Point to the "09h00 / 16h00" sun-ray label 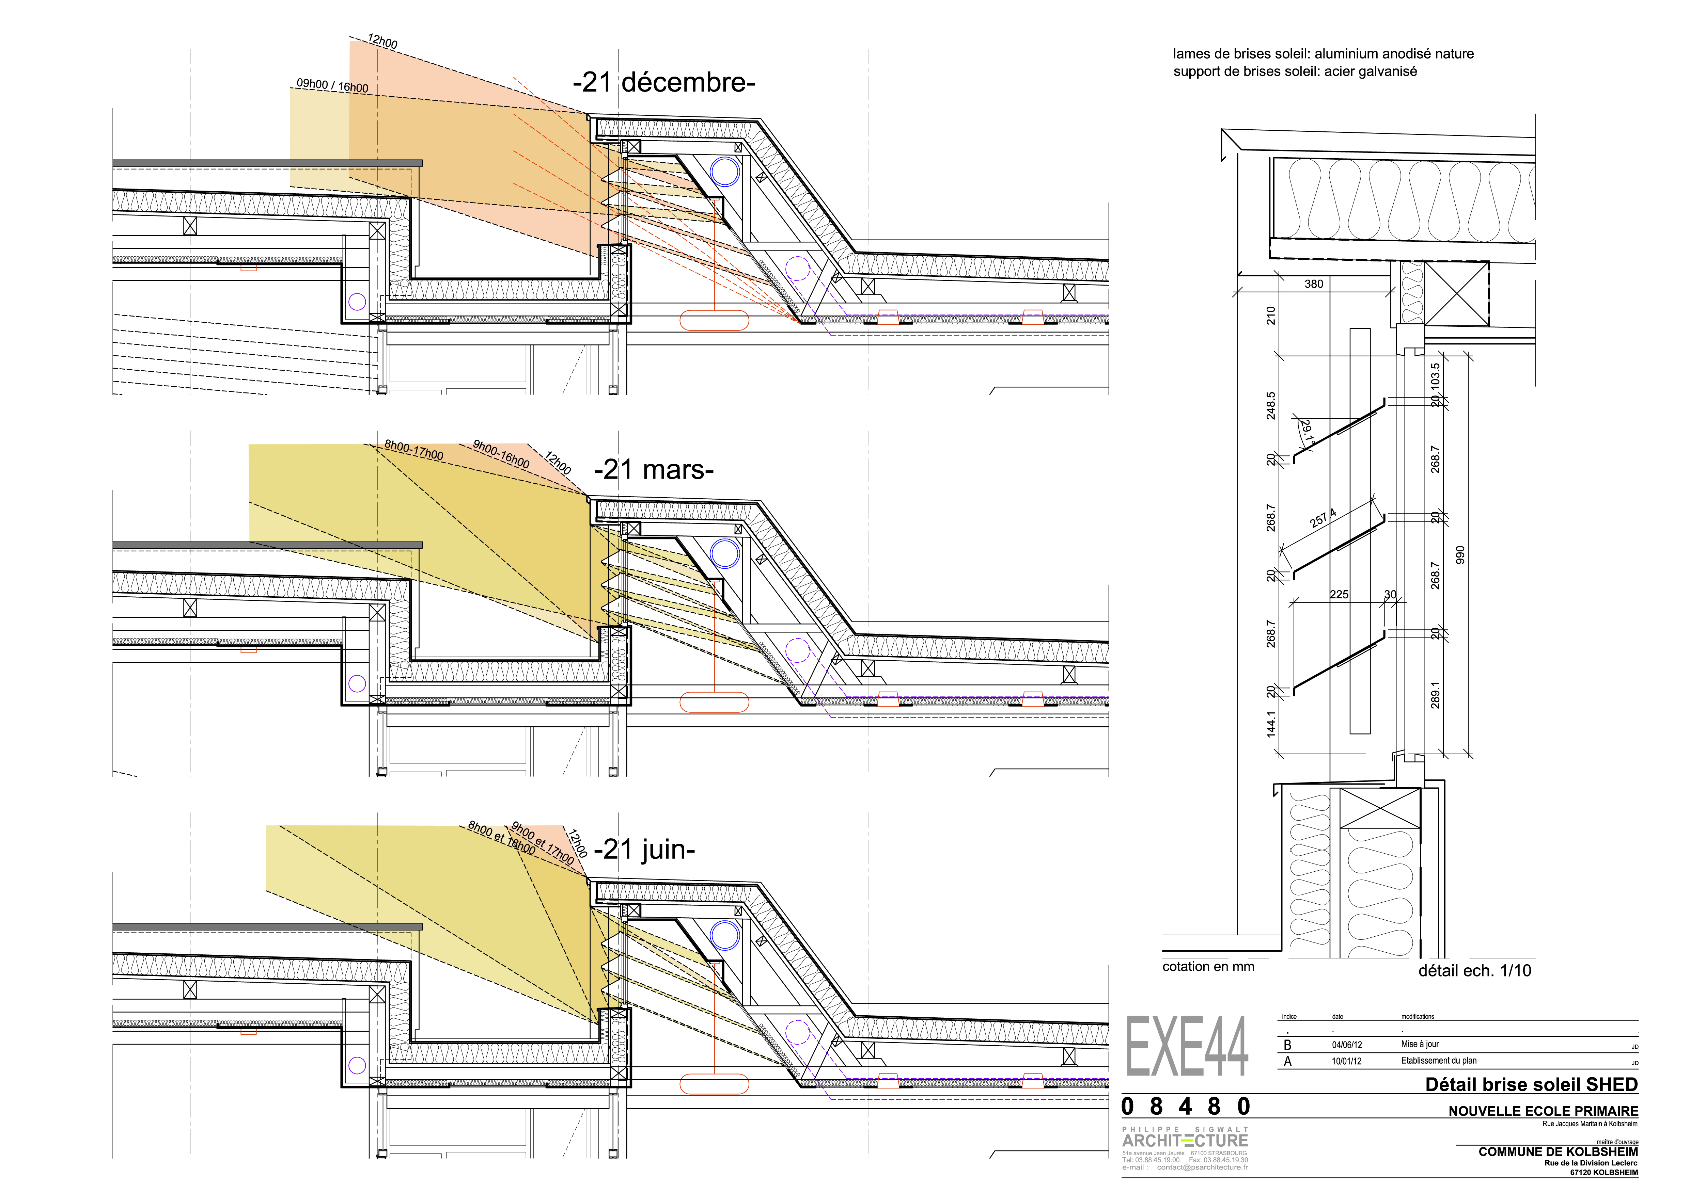pos(332,85)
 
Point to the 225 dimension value pos(1339,594)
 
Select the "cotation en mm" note pos(1208,967)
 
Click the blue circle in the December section pos(724,172)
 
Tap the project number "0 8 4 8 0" pos(1186,1107)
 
